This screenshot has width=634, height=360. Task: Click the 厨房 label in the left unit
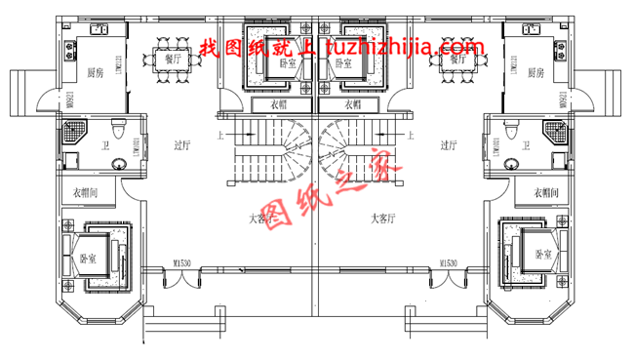tap(96, 73)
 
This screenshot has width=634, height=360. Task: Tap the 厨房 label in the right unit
tap(535, 73)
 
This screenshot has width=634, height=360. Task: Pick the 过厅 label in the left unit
tap(180, 146)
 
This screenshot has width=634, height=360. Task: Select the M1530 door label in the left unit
tap(181, 262)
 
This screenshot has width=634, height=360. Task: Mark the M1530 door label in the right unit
tap(448, 262)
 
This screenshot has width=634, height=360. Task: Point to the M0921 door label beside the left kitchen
tap(46, 98)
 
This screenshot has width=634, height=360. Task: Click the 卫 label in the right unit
tap(527, 146)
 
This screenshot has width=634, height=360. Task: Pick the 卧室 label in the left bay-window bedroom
tap(89, 259)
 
